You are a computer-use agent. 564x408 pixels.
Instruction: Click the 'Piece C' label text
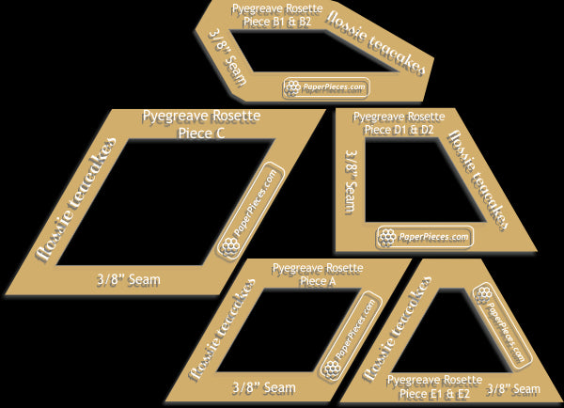click(x=200, y=133)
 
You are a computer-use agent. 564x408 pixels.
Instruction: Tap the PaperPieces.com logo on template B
click(x=326, y=87)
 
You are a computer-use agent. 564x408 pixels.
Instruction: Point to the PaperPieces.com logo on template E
click(x=498, y=323)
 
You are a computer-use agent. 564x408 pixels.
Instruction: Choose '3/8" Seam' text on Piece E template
click(x=512, y=387)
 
